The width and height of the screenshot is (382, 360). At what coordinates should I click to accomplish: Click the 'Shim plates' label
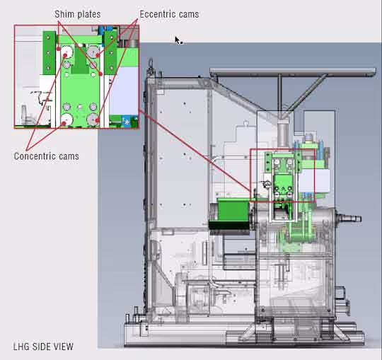pyautogui.click(x=78, y=14)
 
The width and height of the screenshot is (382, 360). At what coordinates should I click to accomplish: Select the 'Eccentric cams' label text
pyautogui.click(x=169, y=14)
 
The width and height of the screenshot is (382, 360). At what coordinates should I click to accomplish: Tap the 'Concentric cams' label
pyautogui.click(x=46, y=156)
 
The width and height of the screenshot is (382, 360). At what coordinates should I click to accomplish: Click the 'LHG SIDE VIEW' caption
pyautogui.click(x=43, y=347)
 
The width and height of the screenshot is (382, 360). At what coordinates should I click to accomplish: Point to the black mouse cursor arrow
pyautogui.click(x=178, y=40)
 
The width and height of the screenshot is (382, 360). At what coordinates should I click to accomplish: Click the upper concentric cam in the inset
pyautogui.click(x=66, y=52)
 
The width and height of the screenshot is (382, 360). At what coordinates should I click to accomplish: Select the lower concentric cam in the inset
pyautogui.click(x=66, y=120)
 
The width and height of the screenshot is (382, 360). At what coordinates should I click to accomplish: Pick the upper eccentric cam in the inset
pyautogui.click(x=93, y=52)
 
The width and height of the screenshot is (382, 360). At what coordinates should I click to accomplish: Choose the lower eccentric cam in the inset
pyautogui.click(x=93, y=120)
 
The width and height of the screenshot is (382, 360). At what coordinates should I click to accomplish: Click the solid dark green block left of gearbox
pyautogui.click(x=233, y=210)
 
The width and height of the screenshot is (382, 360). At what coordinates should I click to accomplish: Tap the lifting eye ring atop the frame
pyautogui.click(x=150, y=63)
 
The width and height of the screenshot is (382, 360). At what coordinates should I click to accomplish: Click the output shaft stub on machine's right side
pyautogui.click(x=349, y=218)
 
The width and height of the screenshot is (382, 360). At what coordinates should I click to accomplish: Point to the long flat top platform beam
pyautogui.click(x=292, y=71)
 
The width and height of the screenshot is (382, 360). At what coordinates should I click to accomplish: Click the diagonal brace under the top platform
pyautogui.click(x=308, y=93)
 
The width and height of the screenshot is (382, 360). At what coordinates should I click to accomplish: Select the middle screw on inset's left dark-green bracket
pyautogui.click(x=48, y=52)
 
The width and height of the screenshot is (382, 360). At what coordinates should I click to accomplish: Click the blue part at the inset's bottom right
pyautogui.click(x=127, y=122)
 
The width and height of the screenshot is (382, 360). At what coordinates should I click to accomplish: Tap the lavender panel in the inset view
pyautogui.click(x=124, y=91)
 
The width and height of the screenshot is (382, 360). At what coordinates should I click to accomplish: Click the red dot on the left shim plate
pyautogui.click(x=59, y=49)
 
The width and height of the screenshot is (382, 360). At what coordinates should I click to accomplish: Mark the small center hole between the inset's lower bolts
pyautogui.click(x=80, y=107)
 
